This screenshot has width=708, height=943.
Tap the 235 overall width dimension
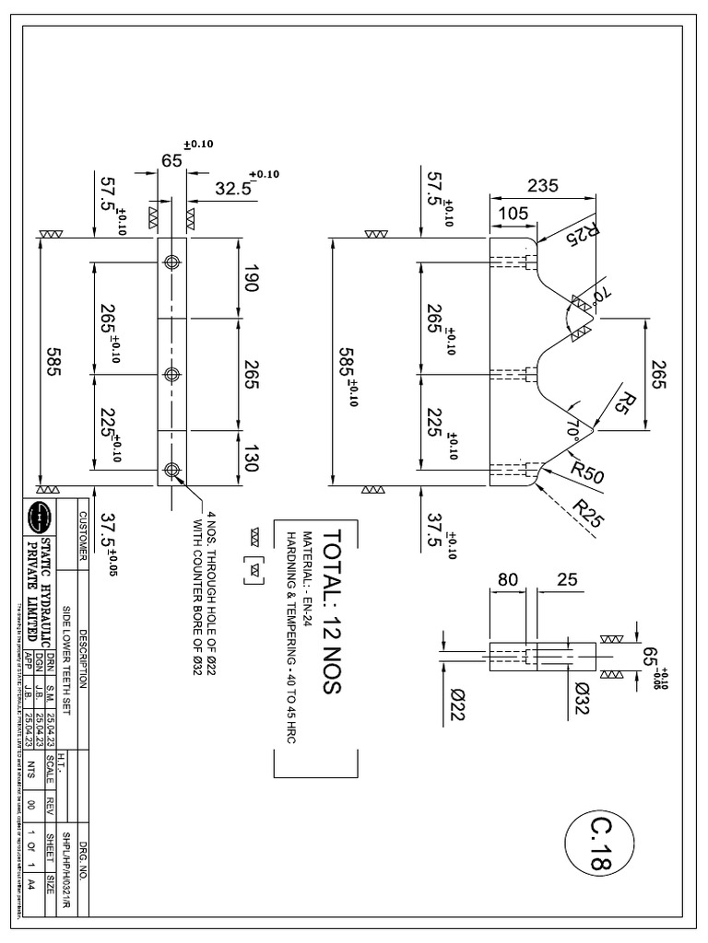tap(544, 185)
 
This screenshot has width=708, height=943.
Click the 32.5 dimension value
tap(233, 189)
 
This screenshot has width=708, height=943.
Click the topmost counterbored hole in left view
tap(171, 262)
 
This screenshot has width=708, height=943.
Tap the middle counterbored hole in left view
tap(171, 374)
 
